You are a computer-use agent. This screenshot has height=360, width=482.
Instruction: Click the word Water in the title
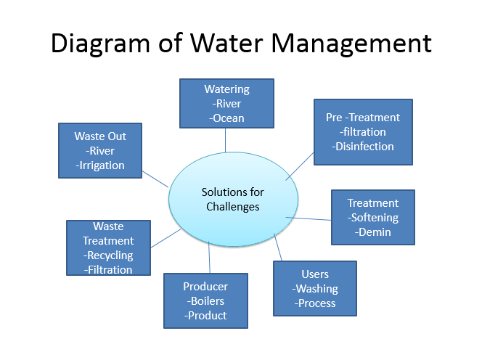click(x=226, y=43)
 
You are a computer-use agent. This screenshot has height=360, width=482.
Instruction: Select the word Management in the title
click(x=351, y=44)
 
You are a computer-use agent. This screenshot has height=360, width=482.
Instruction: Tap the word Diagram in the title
click(x=100, y=44)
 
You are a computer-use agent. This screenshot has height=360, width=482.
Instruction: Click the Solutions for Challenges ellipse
click(x=233, y=199)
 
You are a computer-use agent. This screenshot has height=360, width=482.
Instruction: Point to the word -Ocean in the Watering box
click(x=226, y=118)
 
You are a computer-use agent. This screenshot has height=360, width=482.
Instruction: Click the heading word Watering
click(x=227, y=89)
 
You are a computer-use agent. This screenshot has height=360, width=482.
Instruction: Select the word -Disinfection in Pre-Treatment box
click(x=363, y=147)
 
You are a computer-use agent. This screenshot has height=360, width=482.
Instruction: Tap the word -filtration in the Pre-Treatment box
click(x=363, y=132)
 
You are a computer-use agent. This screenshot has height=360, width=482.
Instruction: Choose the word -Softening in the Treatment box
click(x=373, y=218)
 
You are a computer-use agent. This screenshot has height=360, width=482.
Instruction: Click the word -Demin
click(x=373, y=232)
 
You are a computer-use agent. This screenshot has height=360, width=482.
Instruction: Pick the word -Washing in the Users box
click(x=315, y=289)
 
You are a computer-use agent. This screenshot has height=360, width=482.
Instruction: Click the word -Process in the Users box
click(x=315, y=303)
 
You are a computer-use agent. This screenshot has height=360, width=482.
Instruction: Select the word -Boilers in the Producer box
click(x=205, y=301)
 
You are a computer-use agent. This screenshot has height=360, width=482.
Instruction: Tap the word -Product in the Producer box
click(x=205, y=316)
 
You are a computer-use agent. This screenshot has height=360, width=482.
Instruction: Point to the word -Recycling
click(x=108, y=255)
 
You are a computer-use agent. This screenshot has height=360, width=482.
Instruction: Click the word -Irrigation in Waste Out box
click(x=100, y=165)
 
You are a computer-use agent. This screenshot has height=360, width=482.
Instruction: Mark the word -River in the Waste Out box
click(x=100, y=151)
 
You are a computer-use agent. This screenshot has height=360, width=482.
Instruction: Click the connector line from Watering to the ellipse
click(x=225, y=140)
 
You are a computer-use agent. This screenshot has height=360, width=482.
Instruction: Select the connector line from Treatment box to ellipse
click(x=309, y=219)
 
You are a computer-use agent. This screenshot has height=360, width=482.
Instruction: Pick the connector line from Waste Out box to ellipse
click(x=155, y=179)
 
